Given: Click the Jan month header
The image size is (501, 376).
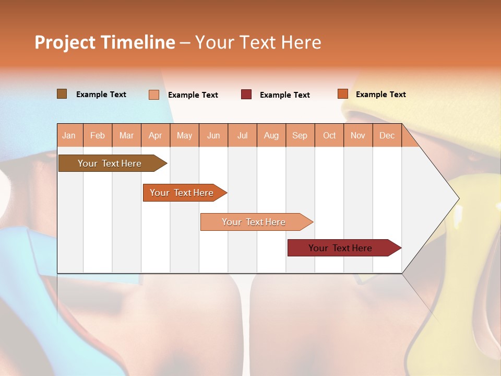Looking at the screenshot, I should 69,136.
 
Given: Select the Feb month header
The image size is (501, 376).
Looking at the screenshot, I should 98,136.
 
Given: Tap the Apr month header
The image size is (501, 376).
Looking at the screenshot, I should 156,136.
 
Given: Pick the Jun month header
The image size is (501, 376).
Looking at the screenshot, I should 213,136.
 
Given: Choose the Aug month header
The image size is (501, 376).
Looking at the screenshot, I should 271,136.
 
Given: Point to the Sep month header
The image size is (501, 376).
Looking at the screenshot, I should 300,136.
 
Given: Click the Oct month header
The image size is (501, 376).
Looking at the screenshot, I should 329,136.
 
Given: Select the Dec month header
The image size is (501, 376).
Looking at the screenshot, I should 387,136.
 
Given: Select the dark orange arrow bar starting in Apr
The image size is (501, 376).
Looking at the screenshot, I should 183,193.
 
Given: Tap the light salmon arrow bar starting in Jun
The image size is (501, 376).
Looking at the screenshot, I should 255,222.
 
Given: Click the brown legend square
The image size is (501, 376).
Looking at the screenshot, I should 62,94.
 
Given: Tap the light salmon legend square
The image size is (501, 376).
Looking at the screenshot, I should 154,95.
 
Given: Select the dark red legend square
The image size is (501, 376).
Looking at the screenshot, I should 246,95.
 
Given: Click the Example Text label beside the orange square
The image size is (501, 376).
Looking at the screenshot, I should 380,95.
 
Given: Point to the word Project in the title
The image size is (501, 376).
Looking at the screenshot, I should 64,42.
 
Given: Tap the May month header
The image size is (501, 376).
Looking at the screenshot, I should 184,136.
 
